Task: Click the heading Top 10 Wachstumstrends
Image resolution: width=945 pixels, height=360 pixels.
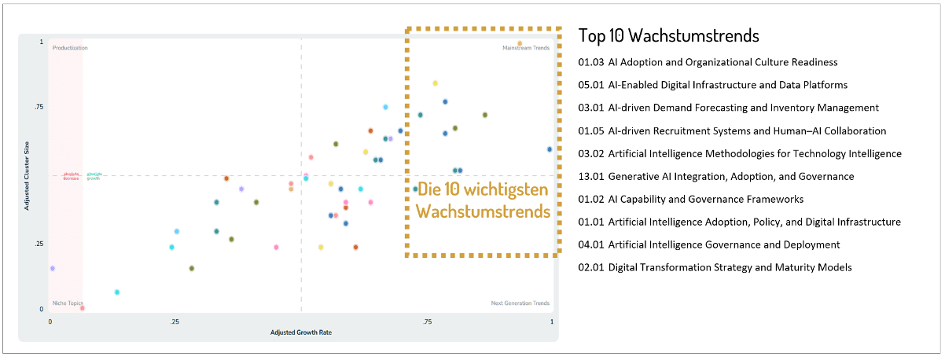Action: click(668, 35)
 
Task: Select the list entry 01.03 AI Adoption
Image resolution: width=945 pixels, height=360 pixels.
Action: click(708, 62)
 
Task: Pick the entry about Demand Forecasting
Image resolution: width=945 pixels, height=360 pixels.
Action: click(728, 108)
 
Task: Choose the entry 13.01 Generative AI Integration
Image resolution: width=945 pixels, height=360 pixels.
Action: click(715, 176)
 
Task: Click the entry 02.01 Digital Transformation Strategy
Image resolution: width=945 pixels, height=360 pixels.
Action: click(715, 267)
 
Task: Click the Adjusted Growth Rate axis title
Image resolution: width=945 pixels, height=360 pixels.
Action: click(301, 332)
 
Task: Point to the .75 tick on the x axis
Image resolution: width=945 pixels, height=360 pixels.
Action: click(427, 322)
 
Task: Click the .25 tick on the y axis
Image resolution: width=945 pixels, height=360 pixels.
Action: click(39, 244)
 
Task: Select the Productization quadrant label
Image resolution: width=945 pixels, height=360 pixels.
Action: click(70, 48)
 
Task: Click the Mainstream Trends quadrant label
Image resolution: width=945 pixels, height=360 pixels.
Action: click(526, 48)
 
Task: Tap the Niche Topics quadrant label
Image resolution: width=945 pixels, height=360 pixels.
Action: click(68, 303)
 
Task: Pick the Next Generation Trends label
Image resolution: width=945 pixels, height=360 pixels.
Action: click(520, 303)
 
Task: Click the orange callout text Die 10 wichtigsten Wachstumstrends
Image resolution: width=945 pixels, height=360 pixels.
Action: click(483, 200)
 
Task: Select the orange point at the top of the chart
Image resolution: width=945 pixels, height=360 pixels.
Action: click(520, 43)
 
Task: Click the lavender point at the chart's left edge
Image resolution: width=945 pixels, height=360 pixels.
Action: click(52, 268)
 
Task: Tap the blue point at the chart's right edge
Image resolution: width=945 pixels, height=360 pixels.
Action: click(549, 149)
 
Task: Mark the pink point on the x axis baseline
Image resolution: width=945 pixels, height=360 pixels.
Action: click(83, 308)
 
